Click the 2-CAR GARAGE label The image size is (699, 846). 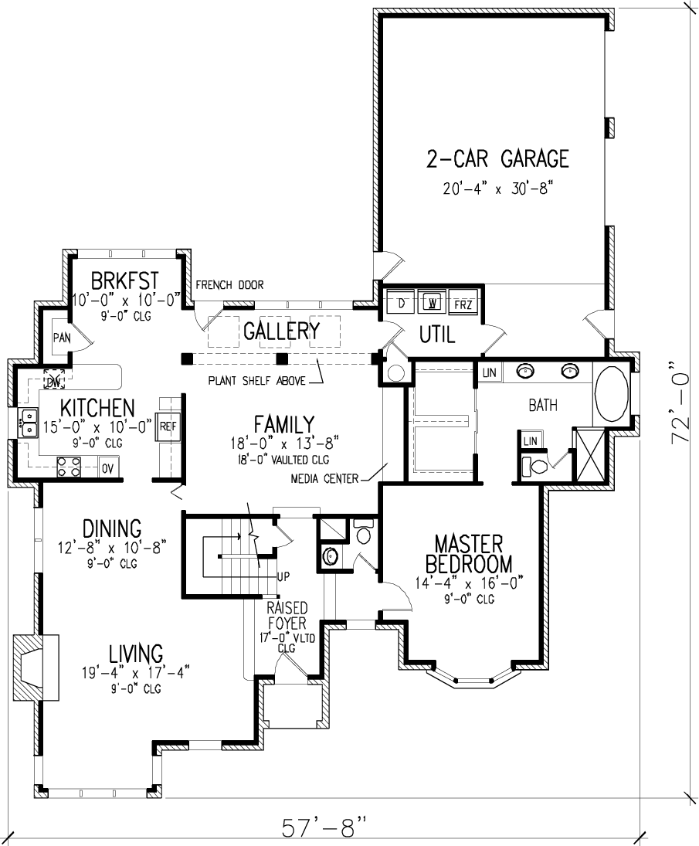(497, 158)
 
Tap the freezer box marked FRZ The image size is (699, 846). (463, 303)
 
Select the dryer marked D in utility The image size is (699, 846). (401, 302)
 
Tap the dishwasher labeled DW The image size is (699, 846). (54, 382)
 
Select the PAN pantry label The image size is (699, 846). (61, 338)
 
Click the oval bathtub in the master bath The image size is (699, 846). (612, 394)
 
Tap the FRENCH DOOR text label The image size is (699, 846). (229, 285)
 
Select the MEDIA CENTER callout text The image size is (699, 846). (324, 478)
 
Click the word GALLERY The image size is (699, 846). (281, 331)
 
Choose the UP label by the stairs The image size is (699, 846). (284, 576)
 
